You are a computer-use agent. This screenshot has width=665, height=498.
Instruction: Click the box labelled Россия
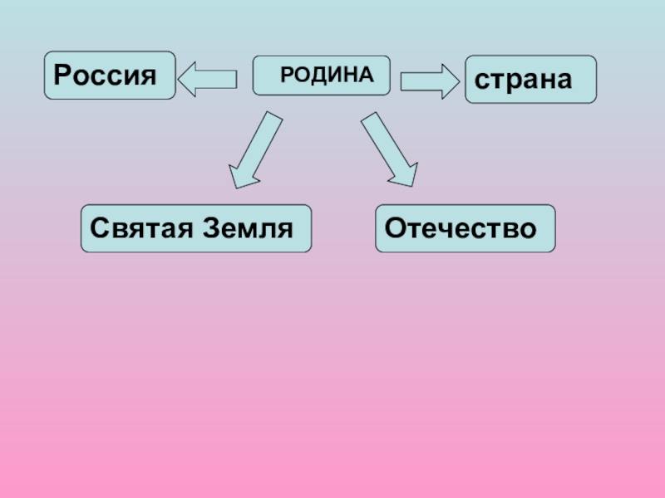pos(109,76)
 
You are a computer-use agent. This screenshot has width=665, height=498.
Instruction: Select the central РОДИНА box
pos(321,76)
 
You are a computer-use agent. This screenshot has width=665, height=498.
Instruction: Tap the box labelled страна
pos(530,80)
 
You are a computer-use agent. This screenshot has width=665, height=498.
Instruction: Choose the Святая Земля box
pos(195,228)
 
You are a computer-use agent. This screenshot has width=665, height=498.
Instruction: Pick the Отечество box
pos(465,228)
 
